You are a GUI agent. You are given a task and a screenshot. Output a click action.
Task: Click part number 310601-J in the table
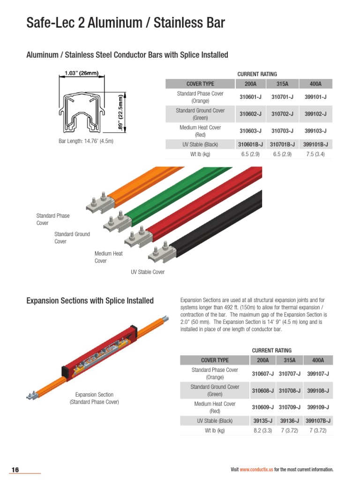click(250, 97)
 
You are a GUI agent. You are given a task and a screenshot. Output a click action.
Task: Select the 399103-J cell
click(315, 131)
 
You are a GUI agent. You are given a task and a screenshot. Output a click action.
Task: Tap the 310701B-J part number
click(283, 144)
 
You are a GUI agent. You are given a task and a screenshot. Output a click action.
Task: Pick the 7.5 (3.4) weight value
click(315, 154)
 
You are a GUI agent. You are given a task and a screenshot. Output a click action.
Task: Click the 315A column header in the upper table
click(283, 84)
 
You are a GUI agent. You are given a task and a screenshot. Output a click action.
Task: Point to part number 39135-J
click(263, 420)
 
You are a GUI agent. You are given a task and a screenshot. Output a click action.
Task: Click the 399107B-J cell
click(318, 420)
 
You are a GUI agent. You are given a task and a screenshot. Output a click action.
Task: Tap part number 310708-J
click(290, 390)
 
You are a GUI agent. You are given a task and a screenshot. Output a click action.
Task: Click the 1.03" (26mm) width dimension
click(81, 73)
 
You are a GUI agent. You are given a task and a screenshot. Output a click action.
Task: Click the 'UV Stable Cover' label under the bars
click(148, 272)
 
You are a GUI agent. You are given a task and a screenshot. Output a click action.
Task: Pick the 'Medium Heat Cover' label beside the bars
click(108, 257)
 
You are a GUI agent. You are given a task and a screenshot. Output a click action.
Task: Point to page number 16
click(15, 470)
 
